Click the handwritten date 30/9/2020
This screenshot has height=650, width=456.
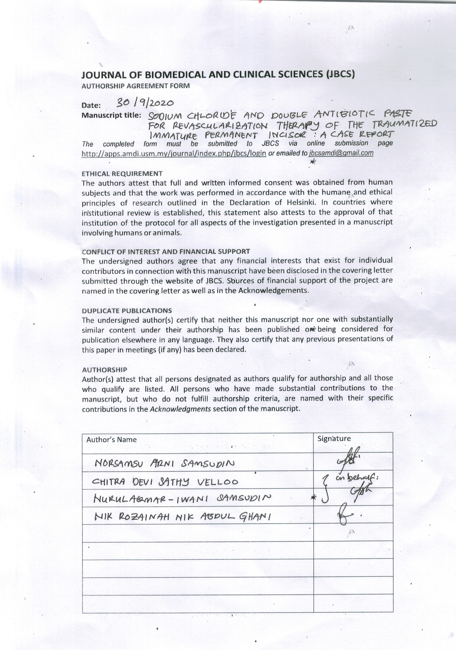[x=145, y=103]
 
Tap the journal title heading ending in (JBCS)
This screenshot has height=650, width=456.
[x=218, y=75]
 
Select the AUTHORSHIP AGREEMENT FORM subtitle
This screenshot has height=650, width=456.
[x=136, y=86]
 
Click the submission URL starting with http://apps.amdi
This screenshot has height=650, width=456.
[x=174, y=153]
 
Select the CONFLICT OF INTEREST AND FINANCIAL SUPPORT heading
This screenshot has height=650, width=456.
[x=166, y=251]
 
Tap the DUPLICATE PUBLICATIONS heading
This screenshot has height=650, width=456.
[x=127, y=311]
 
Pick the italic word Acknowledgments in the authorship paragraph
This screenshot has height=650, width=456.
[x=180, y=409]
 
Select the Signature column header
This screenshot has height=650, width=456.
[x=334, y=439]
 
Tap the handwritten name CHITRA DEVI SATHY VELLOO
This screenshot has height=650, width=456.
[x=165, y=482]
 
